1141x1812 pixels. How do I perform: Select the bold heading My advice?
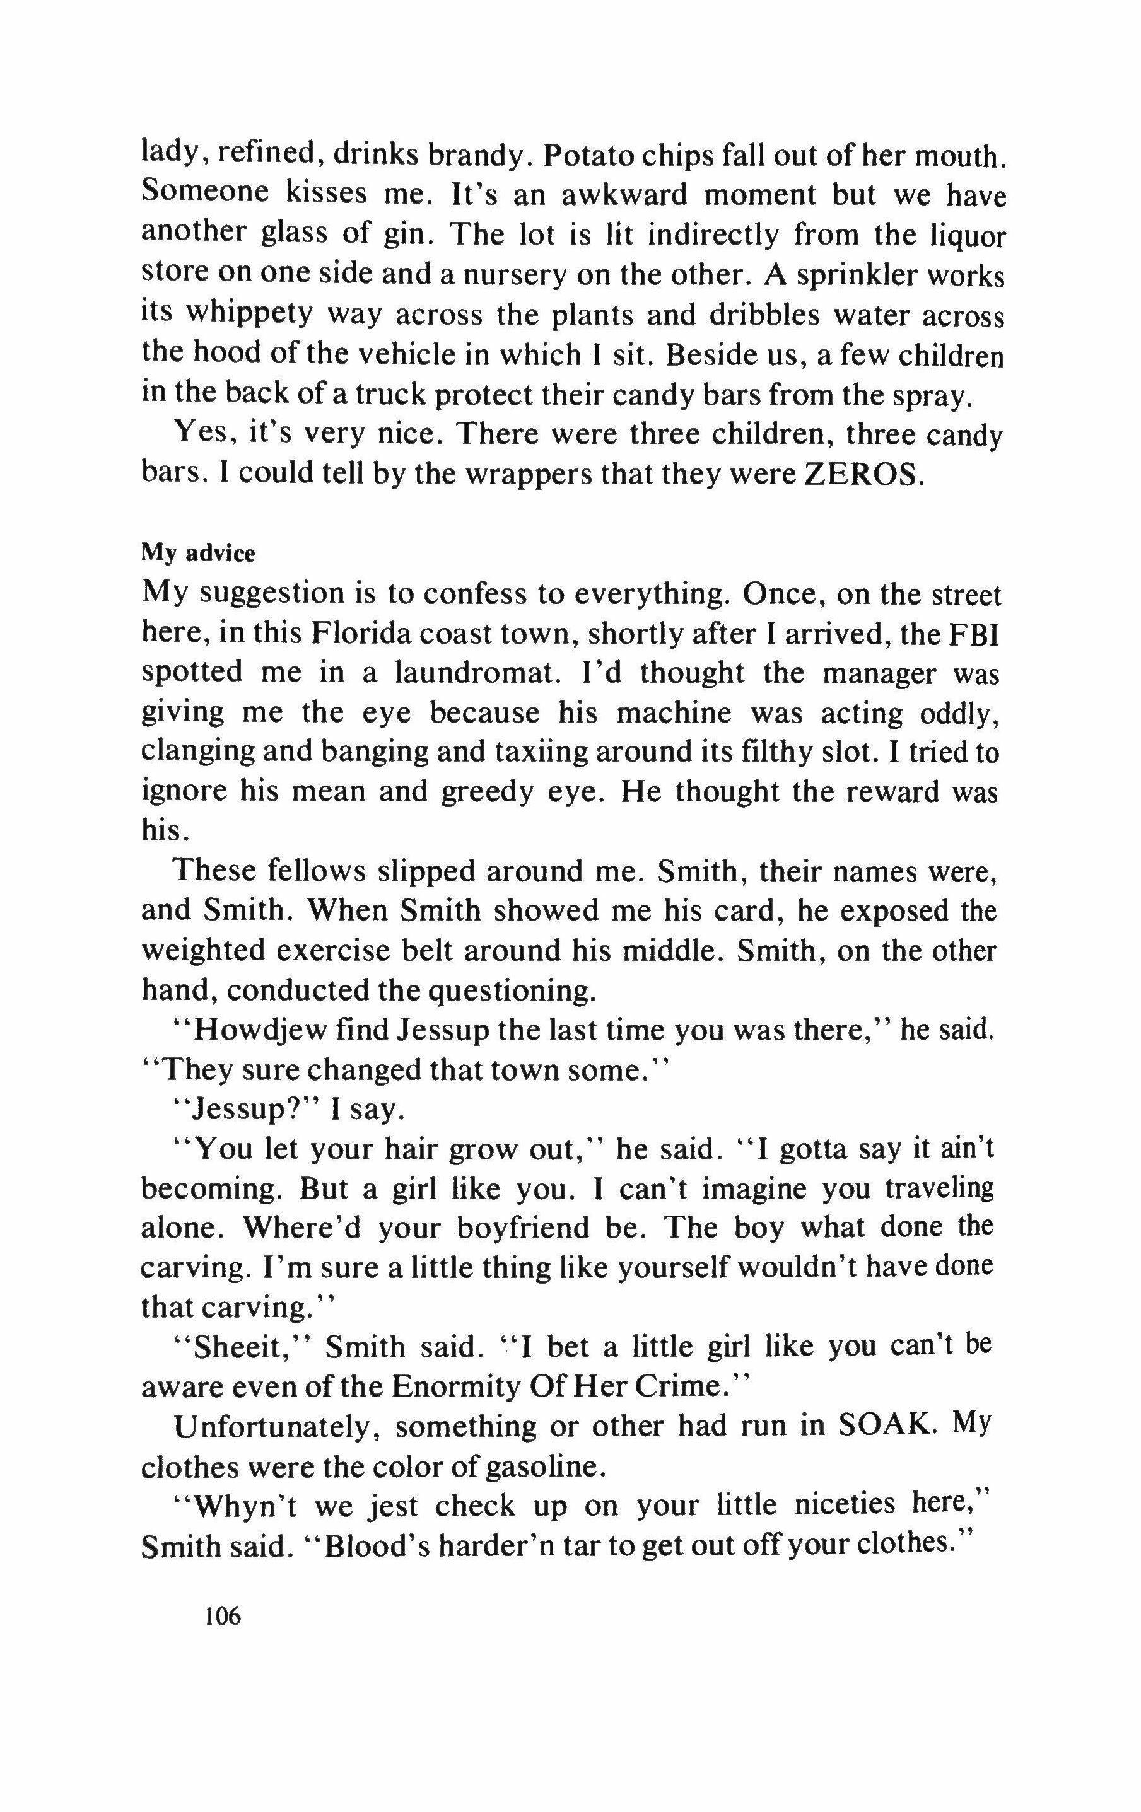[198, 554]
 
